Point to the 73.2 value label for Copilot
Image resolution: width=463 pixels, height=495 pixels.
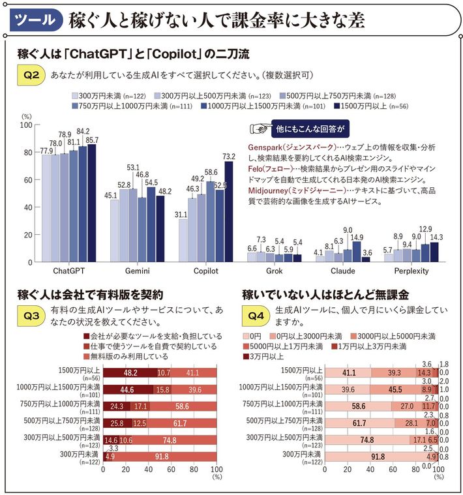(x=229, y=157)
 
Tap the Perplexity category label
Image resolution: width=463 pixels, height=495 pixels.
(x=411, y=269)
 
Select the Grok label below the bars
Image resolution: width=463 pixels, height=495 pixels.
(x=274, y=269)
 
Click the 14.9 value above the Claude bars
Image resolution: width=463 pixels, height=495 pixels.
(x=357, y=238)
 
